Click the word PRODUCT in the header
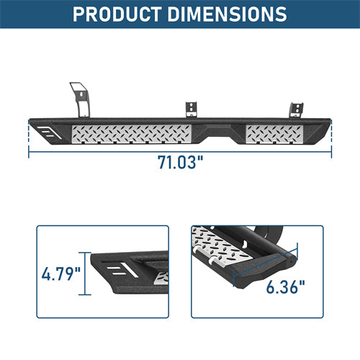(x=117, y=14)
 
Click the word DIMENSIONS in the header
(x=227, y=14)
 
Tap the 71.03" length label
(x=180, y=163)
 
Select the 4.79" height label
(x=61, y=274)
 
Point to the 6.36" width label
(x=286, y=287)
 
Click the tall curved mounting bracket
(x=80, y=99)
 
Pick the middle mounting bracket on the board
(x=192, y=109)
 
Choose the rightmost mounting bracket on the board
(x=296, y=110)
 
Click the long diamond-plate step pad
(x=132, y=134)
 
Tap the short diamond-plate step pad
(x=274, y=134)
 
